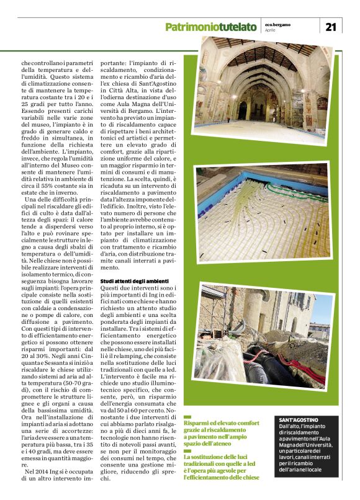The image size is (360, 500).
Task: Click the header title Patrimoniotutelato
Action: tap(211, 27)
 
